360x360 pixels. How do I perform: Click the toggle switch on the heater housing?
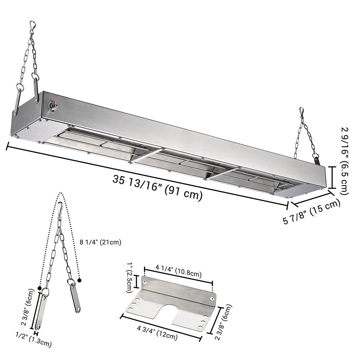[53, 106]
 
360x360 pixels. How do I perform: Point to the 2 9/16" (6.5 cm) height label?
[345, 161]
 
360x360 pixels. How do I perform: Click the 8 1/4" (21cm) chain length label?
[100, 242]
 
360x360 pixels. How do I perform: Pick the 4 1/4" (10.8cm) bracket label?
[179, 271]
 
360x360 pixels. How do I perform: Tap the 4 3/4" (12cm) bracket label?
[157, 333]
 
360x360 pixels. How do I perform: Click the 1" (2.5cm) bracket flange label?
[129, 278]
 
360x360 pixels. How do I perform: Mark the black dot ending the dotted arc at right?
[80, 280]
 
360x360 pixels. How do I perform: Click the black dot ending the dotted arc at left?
[40, 288]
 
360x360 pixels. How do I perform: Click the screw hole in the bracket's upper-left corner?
[144, 282]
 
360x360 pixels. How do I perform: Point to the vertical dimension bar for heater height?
[332, 177]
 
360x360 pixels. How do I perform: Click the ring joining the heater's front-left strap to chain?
[20, 87]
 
